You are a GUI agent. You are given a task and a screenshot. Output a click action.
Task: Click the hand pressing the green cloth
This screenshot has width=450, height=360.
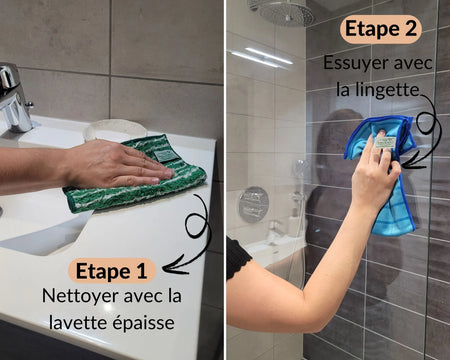click(115, 165)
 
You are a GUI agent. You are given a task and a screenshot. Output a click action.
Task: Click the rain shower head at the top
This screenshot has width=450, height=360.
click(285, 12)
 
